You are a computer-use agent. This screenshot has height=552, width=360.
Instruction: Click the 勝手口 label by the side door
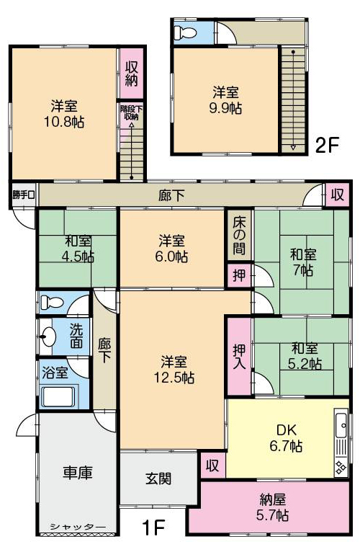click(24, 195)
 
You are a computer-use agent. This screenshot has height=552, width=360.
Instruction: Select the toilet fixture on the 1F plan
click(51, 302)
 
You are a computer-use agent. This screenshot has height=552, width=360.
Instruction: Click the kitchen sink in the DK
click(341, 425)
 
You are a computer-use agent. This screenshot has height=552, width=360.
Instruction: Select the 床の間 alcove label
click(239, 235)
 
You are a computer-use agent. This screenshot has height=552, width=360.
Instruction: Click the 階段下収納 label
click(131, 112)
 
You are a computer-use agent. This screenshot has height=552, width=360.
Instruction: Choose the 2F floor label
click(327, 145)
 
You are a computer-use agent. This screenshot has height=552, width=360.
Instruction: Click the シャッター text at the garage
click(78, 526)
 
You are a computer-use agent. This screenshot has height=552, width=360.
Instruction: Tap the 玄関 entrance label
click(158, 478)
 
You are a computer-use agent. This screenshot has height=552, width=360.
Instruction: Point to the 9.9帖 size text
click(225, 108)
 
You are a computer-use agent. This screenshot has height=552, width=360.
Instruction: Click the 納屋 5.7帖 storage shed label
click(272, 507)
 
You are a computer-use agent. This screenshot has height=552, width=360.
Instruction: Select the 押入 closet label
click(239, 356)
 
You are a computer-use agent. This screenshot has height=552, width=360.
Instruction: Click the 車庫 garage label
click(78, 473)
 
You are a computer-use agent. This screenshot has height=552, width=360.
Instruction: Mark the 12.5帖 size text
click(174, 378)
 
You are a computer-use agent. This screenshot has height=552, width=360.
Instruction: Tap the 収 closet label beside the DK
click(212, 466)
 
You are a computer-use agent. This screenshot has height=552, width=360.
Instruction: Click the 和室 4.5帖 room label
click(78, 249)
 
